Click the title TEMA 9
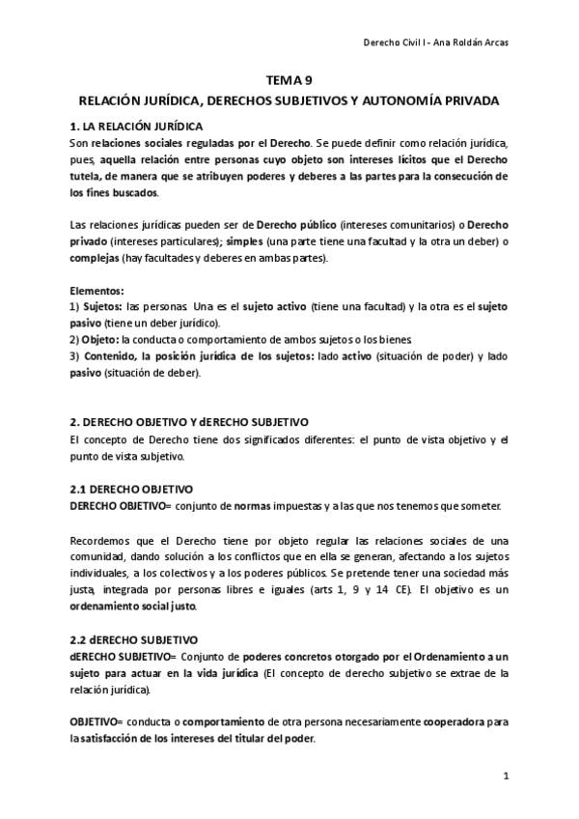point(289,81)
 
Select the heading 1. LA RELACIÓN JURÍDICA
point(136,127)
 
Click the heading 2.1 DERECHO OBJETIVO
point(131,490)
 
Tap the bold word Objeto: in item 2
point(99,340)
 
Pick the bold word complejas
point(95,259)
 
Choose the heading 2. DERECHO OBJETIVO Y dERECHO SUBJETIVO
point(189,422)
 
